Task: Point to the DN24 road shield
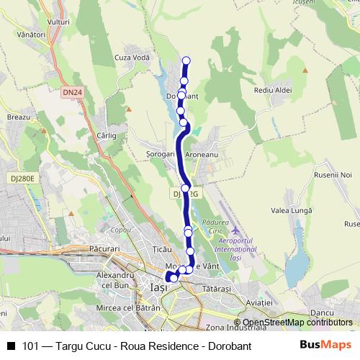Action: tap(71, 92)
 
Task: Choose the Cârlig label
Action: tap(106, 135)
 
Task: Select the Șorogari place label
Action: tap(160, 154)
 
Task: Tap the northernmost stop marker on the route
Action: tap(187, 60)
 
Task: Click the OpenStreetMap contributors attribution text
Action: tap(297, 323)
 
